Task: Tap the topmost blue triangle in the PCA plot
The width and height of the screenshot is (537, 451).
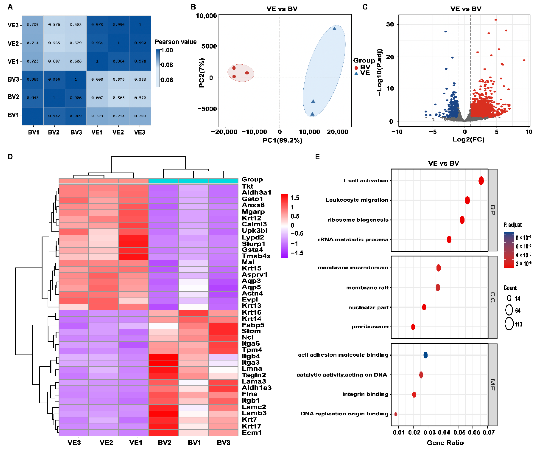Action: coord(334,29)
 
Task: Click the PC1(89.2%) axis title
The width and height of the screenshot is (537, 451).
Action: coord(282,140)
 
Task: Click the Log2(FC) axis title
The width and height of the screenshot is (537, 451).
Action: coord(468,139)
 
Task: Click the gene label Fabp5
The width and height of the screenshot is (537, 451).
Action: coord(253,325)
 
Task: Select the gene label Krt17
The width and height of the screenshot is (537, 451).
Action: coord(251,426)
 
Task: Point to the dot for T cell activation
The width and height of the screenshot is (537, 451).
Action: coord(481,181)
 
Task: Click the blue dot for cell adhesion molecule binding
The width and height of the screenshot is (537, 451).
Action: coord(425,355)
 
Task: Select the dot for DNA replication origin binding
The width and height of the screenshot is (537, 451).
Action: coord(396,414)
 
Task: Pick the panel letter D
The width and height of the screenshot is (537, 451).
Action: coord(10,157)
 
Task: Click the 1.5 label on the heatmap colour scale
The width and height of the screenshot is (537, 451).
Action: coord(295,198)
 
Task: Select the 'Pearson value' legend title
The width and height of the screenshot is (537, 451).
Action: coord(176,42)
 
